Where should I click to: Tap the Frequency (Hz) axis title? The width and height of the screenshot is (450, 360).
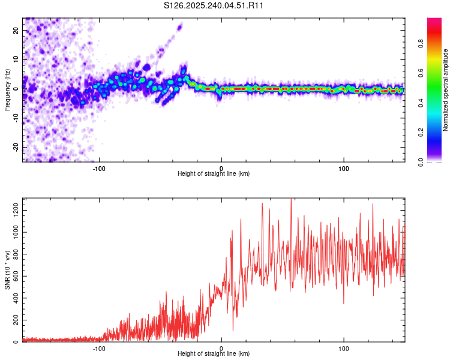[x=7, y=89]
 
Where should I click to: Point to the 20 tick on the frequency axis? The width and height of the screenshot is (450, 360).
[x=16, y=30]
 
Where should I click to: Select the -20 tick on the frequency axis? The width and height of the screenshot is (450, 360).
[x=16, y=147]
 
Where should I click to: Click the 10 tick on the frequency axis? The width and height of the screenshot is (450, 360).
[x=16, y=59]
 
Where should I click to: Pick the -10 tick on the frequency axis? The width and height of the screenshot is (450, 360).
[x=16, y=118]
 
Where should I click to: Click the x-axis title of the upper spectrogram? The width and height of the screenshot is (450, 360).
[x=214, y=174]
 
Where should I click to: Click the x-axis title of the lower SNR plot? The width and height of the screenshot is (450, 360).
[x=214, y=355]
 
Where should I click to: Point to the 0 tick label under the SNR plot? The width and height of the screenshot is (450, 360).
[x=221, y=348]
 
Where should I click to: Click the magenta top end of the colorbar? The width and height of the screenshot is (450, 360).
[x=434, y=20]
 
